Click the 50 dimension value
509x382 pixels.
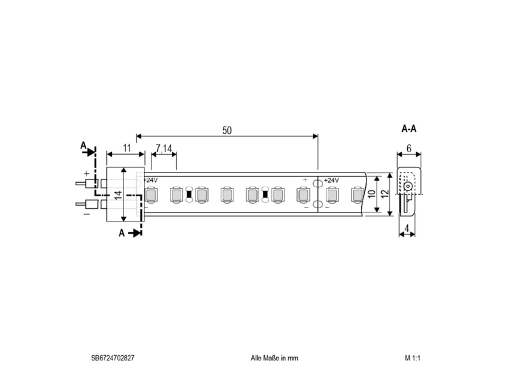[227, 131]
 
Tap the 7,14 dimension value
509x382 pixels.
[164, 148]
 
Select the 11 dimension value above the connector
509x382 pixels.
[127, 148]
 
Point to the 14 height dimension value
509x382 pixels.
[118, 195]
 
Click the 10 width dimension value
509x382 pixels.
[372, 194]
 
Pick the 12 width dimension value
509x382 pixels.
[385, 194]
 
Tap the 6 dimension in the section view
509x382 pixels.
[408, 148]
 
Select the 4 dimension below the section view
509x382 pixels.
[407, 229]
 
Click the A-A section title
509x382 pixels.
[408, 129]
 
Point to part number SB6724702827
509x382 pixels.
[113, 358]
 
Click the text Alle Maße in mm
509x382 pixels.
[274, 358]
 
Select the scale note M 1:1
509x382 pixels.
[412, 358]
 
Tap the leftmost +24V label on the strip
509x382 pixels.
[151, 180]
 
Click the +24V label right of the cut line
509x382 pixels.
[331, 180]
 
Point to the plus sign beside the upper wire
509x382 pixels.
[87, 174]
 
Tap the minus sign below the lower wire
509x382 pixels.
[87, 214]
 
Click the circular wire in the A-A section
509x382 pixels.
[408, 187]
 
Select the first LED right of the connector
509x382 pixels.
[150, 195]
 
